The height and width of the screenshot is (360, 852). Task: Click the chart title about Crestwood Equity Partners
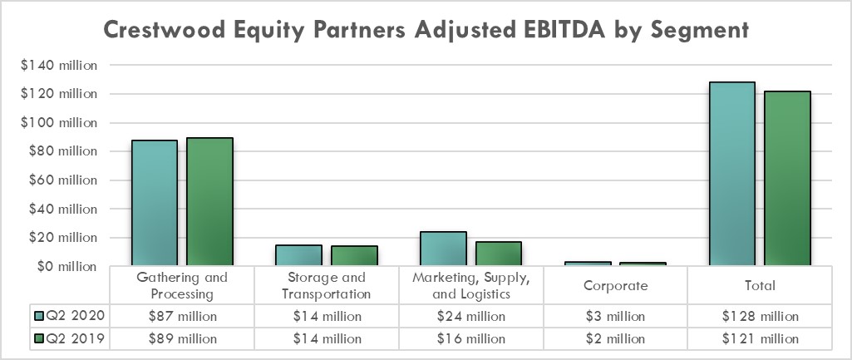coord(426,31)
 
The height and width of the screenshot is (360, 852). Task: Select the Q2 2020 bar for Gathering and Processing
coord(155,203)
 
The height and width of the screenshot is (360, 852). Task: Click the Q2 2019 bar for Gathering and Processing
coord(209,202)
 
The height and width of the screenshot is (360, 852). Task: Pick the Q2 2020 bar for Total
coord(731,174)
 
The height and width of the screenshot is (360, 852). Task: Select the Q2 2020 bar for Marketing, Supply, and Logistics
coord(443,249)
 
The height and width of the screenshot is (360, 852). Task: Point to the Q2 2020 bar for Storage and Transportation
coord(298,255)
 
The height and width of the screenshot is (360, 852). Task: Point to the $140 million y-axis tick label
coord(59,65)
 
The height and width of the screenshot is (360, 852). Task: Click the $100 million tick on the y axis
coord(59,122)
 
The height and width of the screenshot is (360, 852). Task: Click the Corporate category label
coord(614,285)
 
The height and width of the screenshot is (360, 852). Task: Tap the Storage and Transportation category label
coord(325,285)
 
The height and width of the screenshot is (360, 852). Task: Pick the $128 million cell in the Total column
coord(759,316)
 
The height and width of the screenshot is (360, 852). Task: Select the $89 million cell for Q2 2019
coord(181,338)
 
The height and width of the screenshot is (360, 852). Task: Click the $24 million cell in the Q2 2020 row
coord(470,316)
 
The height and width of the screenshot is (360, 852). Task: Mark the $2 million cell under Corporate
coord(614,338)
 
